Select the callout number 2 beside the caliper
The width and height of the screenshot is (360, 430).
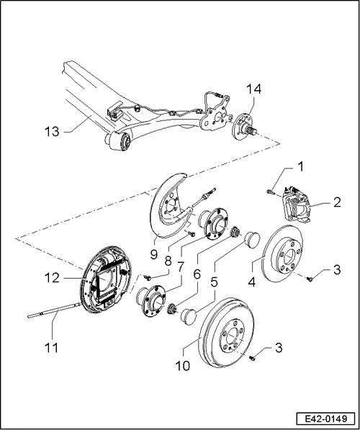[337, 203]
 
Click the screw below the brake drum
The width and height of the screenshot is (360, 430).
[253, 357]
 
